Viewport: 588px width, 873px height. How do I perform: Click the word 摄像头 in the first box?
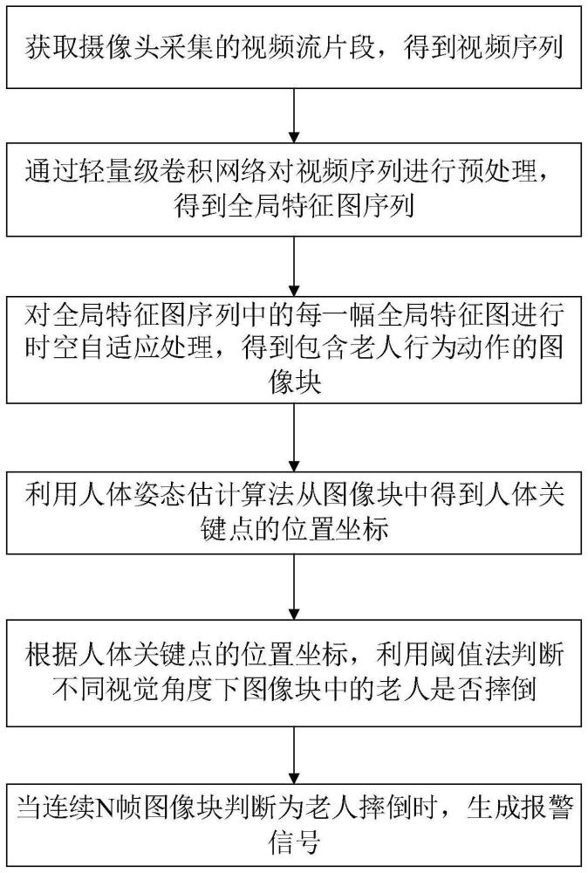pos(120,48)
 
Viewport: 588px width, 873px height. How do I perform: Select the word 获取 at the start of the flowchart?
pos(51,48)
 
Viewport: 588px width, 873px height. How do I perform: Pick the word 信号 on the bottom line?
pos(294,842)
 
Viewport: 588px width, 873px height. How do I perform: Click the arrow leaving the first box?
pos(294,116)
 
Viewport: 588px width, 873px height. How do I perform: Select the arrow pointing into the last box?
pos(294,755)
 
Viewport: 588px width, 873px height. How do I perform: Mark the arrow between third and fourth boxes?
pos(294,437)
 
